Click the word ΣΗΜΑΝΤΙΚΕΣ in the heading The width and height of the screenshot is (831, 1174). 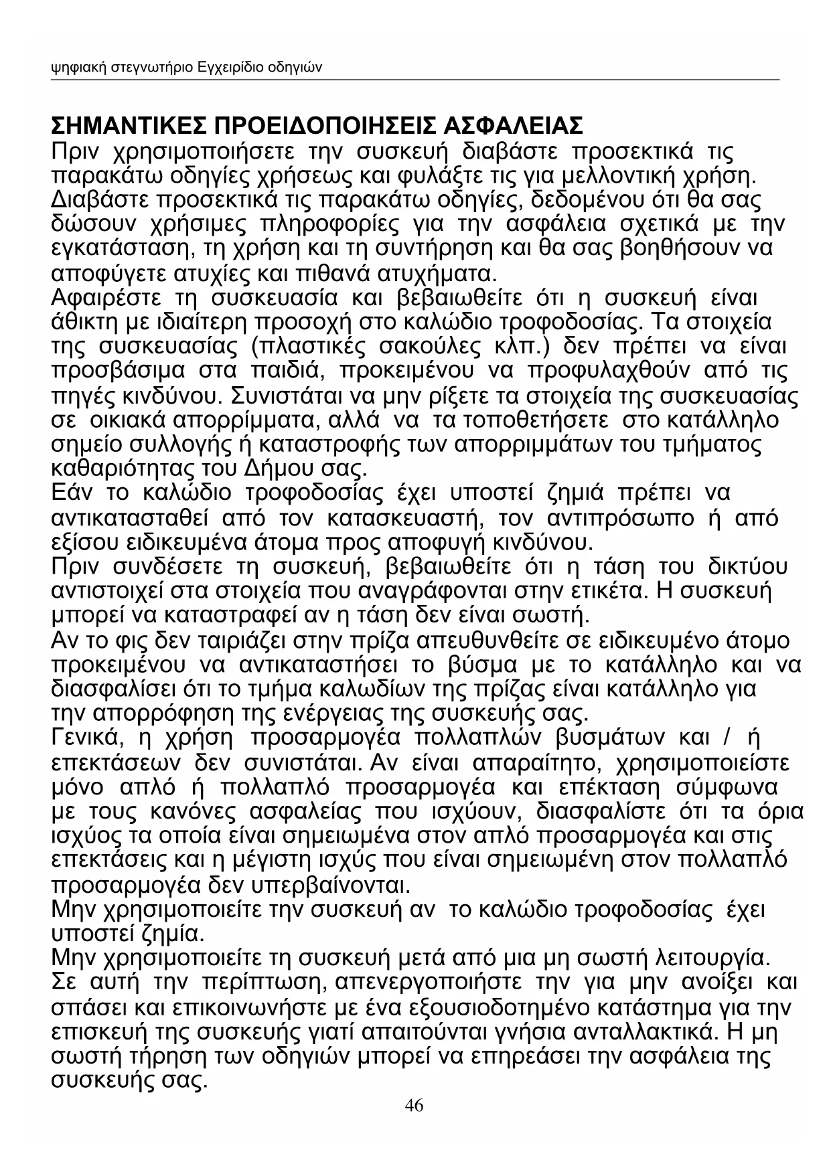point(127,125)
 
